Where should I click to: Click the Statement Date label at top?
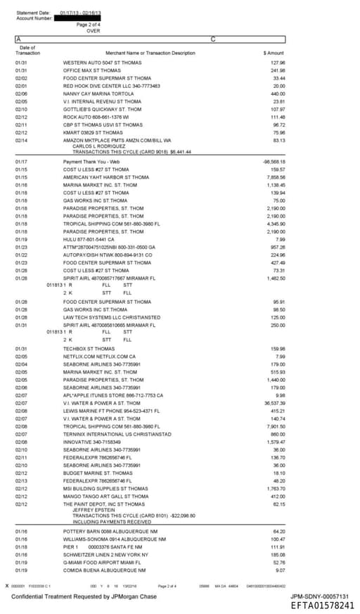32,13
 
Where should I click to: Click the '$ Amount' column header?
274,53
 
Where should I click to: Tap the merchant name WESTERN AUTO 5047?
92,63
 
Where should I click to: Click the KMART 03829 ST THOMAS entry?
93,132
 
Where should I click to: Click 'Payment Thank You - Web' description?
91,162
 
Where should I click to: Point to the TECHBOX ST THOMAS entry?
89,348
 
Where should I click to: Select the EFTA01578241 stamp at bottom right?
323,605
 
